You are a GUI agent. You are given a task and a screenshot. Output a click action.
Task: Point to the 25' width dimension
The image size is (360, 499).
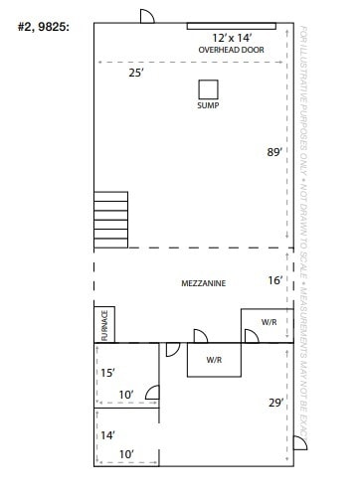(136, 72)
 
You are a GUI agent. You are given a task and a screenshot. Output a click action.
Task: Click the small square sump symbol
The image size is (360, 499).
(208, 88)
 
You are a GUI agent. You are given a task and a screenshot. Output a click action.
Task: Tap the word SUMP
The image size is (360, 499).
(208, 104)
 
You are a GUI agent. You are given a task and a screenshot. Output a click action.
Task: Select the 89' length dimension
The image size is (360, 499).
(273, 152)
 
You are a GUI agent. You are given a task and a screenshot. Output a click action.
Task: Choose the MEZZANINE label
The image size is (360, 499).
(203, 283)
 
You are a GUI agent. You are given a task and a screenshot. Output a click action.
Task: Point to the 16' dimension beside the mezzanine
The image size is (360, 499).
(275, 281)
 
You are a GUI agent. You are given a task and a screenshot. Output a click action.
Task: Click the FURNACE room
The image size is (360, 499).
(106, 325)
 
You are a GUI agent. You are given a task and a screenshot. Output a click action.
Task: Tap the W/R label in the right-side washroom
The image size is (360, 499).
(269, 322)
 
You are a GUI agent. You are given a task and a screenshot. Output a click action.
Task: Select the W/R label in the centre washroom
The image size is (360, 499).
(214, 359)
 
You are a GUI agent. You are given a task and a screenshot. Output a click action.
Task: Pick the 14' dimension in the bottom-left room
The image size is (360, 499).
(107, 434)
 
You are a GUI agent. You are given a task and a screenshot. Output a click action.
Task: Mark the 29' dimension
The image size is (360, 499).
(275, 403)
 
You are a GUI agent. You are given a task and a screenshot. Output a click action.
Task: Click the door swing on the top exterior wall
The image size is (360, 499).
(146, 17)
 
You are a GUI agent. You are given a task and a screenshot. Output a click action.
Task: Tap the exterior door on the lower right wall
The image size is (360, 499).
(297, 441)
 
